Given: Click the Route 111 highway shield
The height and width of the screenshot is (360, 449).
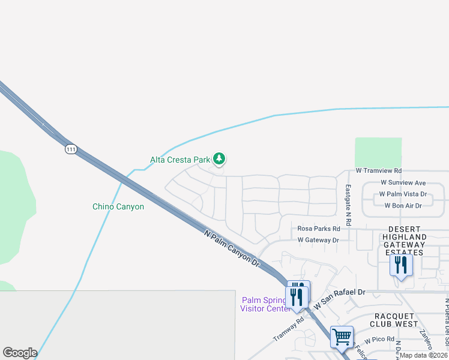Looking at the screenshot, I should click(x=71, y=149).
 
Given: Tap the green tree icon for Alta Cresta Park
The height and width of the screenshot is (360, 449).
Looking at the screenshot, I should click(x=220, y=159).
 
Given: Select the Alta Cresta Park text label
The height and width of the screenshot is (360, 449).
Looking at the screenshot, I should click(x=180, y=160).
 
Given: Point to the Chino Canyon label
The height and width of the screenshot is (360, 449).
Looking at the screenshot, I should click(x=118, y=206).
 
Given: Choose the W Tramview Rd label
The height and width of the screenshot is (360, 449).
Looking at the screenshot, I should click(x=378, y=171).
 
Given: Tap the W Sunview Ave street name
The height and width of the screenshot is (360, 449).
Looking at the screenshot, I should click(x=403, y=182).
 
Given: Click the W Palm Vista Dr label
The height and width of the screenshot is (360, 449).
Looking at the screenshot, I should click(x=402, y=194).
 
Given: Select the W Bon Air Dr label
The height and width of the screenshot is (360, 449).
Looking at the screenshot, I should click(x=403, y=205).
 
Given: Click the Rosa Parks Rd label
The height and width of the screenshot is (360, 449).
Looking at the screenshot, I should click(x=319, y=229).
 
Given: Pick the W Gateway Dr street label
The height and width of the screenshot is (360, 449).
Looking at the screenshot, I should click(x=318, y=240).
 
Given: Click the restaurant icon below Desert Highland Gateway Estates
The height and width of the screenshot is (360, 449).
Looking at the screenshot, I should click(x=400, y=265).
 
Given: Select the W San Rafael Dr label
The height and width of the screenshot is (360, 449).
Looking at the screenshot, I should click(x=339, y=292).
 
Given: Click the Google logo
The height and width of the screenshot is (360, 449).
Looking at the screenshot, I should click(x=20, y=353).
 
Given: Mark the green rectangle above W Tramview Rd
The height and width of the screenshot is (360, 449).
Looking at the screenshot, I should click(x=378, y=152).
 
